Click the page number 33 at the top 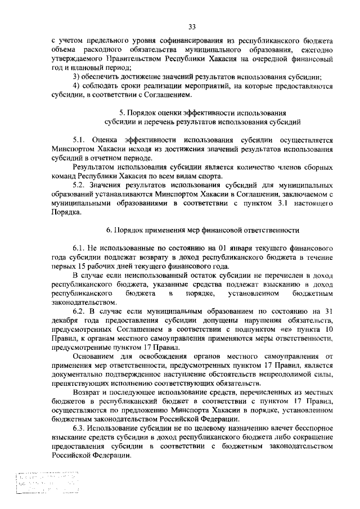tap(192, 26)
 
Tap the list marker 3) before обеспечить tap(76, 76)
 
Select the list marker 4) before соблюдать tap(76, 85)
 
